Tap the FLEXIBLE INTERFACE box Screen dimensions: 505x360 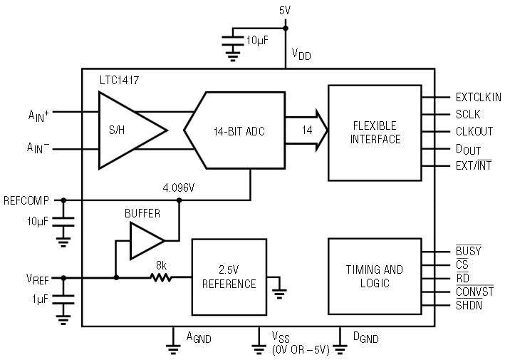click(375, 133)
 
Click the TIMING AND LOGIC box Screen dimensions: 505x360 click(375, 276)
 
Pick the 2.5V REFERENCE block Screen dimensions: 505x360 click(229, 277)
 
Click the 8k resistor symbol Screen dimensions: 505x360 click(161, 277)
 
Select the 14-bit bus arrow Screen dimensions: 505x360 click(306, 130)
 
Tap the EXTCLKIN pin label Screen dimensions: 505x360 click(478, 97)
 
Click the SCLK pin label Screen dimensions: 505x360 click(468, 114)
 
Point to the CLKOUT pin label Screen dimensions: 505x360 click(474, 131)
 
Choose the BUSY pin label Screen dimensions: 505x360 click(469, 250)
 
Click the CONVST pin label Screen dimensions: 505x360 click(474, 292)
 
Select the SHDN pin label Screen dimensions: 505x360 click(469, 305)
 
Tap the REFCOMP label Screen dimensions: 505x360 click(26, 200)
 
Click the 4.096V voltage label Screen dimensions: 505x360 click(179, 187)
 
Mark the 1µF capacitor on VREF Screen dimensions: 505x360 click(63, 299)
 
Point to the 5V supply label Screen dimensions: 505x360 click(285, 11)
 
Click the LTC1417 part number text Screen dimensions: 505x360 click(119, 80)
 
